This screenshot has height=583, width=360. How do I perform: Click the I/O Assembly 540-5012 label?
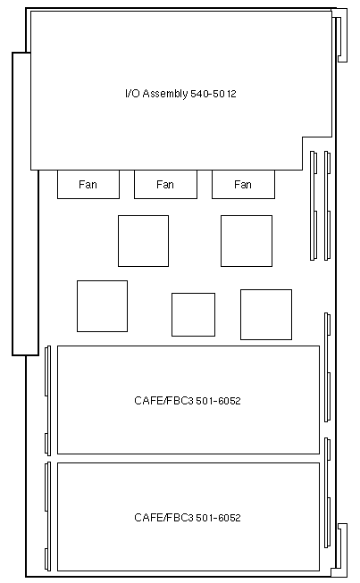[180, 94]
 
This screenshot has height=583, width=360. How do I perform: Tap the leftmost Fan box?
[88, 185]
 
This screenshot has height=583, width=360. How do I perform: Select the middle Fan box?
[165, 185]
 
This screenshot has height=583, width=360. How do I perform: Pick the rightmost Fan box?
[243, 185]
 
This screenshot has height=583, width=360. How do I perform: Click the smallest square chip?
[193, 314]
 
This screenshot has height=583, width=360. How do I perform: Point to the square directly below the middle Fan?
[143, 241]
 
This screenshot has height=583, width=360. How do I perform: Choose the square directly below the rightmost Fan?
[247, 241]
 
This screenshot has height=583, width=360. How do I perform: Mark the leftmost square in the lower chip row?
[102, 306]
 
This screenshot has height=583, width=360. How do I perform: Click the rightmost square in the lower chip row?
[266, 314]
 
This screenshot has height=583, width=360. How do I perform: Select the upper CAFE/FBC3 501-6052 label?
[188, 401]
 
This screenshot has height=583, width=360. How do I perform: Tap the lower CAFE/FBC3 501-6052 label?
[188, 518]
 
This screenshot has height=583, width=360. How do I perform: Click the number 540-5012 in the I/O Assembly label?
[213, 94]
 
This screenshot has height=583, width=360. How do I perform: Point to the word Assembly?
[164, 94]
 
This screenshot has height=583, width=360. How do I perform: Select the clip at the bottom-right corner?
[340, 551]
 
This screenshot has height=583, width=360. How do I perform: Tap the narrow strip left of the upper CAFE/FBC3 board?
[47, 401]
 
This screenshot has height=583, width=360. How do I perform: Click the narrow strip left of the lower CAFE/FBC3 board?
[47, 516]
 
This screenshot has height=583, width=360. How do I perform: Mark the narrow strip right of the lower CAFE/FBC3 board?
[328, 493]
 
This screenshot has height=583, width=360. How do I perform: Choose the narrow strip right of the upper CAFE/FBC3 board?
[328, 367]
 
